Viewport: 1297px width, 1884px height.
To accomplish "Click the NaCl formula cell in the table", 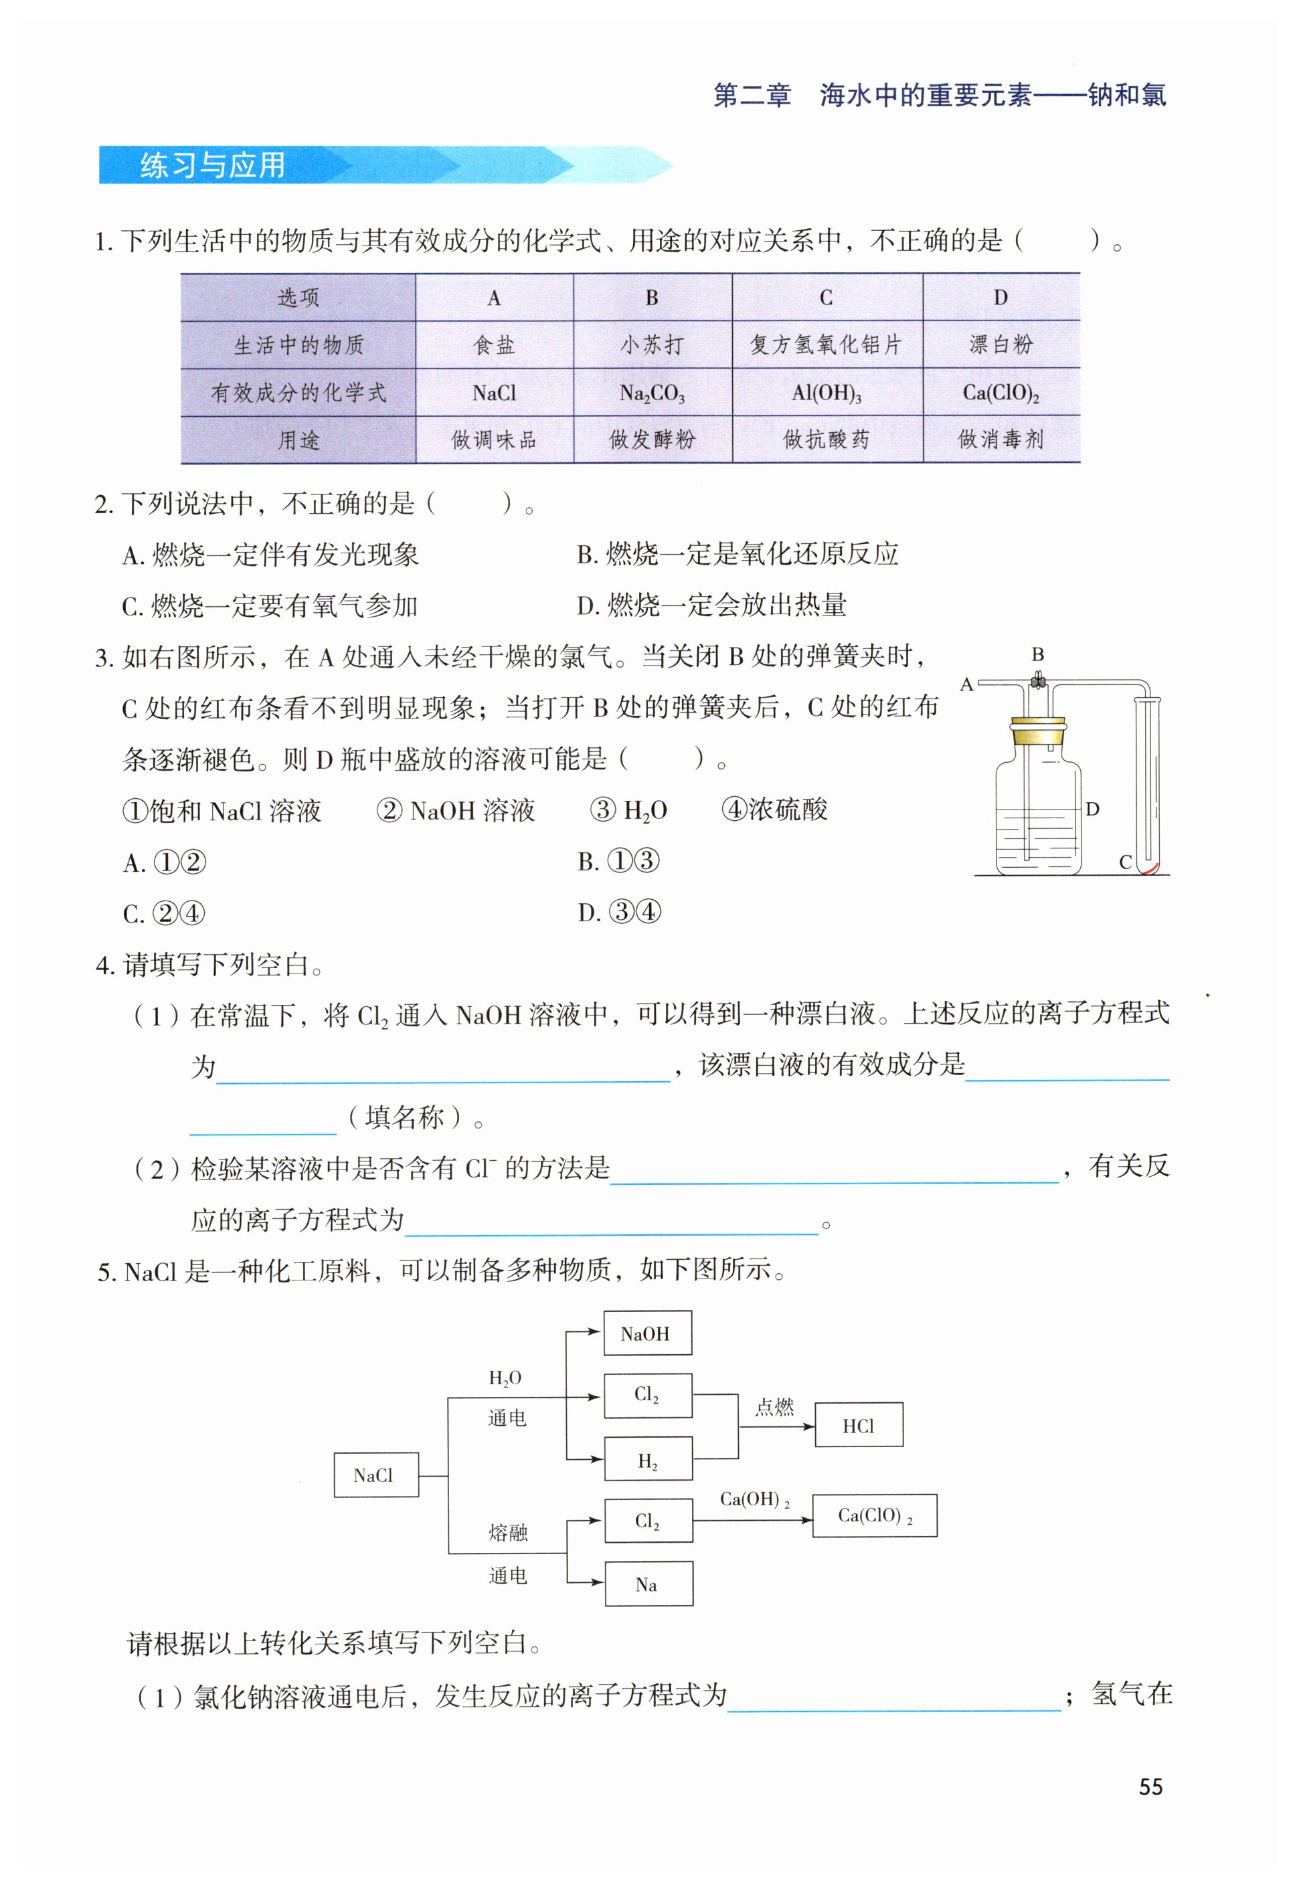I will [x=494, y=393].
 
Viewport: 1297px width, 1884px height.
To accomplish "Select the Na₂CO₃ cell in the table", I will [x=652, y=393].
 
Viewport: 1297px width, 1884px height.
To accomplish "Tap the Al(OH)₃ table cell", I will [x=827, y=393].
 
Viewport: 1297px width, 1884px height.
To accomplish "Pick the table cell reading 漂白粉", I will [x=1001, y=345].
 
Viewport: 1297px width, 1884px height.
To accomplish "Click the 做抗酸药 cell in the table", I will [x=827, y=440].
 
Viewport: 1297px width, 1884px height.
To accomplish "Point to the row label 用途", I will [x=298, y=440].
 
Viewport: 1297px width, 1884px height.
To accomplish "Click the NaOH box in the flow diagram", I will [x=647, y=1333].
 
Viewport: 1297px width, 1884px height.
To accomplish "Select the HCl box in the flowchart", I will [x=858, y=1426].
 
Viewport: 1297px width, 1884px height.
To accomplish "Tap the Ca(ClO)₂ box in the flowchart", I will [x=875, y=1515].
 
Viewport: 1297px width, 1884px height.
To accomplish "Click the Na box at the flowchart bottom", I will [x=648, y=1584].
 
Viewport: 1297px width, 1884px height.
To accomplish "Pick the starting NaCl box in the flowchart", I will [x=375, y=1475].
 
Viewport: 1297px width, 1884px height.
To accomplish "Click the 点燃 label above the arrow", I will [x=774, y=1407].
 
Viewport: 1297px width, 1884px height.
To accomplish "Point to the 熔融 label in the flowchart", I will [x=508, y=1532].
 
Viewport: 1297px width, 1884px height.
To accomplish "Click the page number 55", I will [x=1150, y=1787].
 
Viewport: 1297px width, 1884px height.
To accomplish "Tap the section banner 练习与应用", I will [x=213, y=166].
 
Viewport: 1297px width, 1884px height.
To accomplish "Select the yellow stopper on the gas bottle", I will [x=1038, y=731].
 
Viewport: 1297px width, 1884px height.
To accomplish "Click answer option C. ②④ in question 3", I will [x=164, y=913].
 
